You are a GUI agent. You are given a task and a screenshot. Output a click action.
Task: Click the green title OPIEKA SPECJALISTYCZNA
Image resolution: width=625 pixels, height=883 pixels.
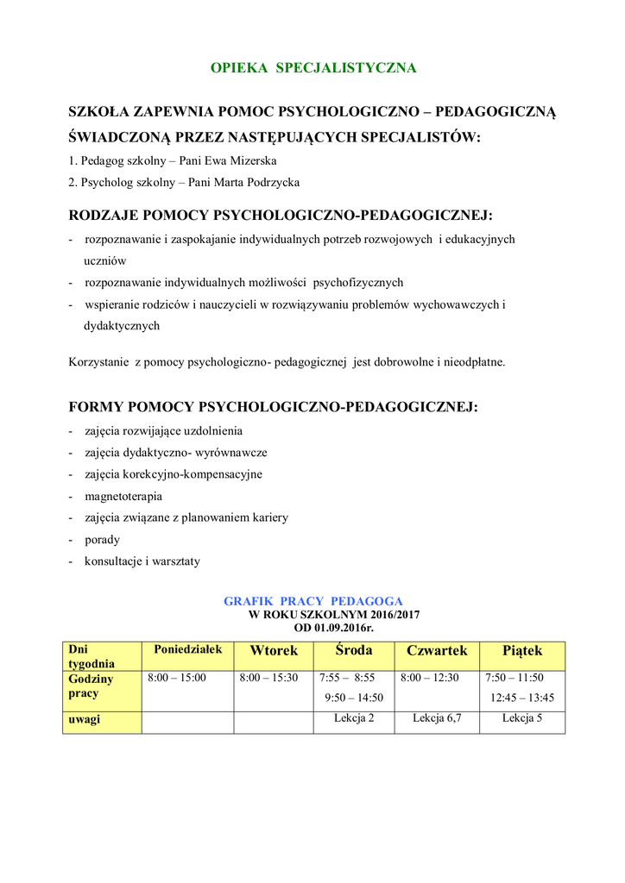[x=314, y=67]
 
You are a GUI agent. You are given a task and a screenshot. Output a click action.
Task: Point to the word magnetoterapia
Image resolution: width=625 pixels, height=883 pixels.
[x=123, y=497]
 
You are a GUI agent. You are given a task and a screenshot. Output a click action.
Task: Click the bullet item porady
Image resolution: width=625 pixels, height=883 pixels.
[x=102, y=540]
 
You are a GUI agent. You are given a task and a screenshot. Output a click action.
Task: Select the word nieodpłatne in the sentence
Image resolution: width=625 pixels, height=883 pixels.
[x=474, y=362]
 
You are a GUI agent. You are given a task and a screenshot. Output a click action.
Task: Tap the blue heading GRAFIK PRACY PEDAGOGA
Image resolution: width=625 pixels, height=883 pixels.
[x=313, y=601]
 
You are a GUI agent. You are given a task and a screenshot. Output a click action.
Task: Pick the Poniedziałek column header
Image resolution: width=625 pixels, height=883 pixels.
[x=188, y=649]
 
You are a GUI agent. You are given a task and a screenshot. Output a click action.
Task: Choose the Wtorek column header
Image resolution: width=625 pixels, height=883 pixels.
[x=274, y=650]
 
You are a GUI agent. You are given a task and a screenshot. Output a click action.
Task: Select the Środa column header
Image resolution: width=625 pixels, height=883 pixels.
[x=354, y=650]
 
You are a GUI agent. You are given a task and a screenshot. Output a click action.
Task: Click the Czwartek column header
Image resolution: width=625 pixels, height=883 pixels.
[x=437, y=650]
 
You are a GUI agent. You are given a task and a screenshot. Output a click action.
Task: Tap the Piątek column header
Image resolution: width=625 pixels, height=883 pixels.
[x=522, y=650]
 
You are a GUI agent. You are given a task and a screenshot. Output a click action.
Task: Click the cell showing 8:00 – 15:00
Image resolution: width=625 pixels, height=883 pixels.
[x=177, y=678]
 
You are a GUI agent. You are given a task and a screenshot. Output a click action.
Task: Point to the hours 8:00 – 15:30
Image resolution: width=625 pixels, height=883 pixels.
[x=268, y=678]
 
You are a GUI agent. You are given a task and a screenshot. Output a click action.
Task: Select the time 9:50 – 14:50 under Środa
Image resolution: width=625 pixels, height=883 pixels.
[x=354, y=698]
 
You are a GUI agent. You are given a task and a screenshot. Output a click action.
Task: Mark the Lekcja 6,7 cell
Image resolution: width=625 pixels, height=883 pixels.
[x=437, y=718]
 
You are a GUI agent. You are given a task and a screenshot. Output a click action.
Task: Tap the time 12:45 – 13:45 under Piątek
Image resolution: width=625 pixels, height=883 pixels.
[x=522, y=698]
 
